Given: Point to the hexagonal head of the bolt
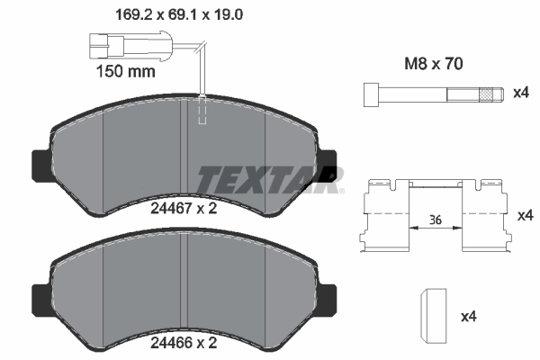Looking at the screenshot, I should click(x=370, y=94).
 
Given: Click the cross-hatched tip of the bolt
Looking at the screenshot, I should click(x=489, y=94).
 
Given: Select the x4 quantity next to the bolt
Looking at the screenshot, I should click(x=521, y=94).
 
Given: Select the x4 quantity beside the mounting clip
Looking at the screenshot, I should click(x=524, y=217).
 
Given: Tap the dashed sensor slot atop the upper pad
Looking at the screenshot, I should click(x=203, y=109).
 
